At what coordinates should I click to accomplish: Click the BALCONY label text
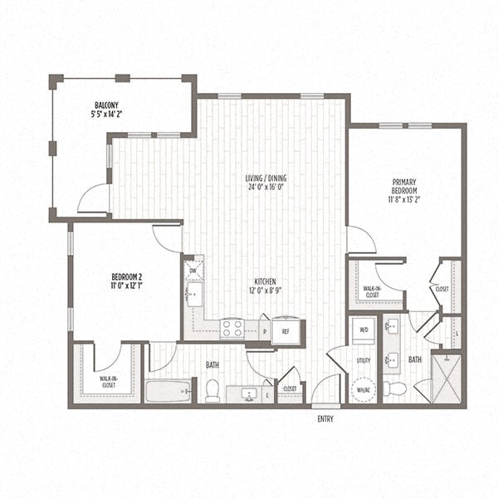tap(105, 105)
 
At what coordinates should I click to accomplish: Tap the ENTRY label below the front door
tap(326, 419)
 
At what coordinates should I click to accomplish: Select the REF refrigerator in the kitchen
tap(285, 330)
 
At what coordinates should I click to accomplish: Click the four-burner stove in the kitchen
tap(232, 329)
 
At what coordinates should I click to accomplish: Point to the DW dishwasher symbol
tap(193, 270)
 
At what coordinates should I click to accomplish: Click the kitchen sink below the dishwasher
tap(193, 293)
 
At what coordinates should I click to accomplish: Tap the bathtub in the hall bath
tap(168, 391)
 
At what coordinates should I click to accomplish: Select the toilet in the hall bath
tap(212, 391)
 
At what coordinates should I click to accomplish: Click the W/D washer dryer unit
tap(363, 330)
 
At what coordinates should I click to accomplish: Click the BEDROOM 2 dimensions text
tap(126, 286)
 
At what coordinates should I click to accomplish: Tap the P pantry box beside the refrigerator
tap(264, 330)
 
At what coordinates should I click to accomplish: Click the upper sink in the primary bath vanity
tap(393, 326)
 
